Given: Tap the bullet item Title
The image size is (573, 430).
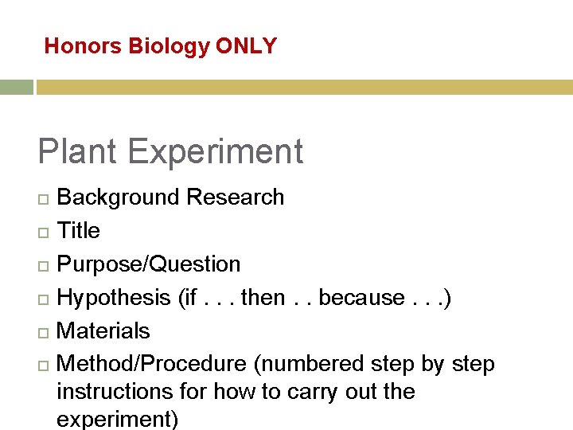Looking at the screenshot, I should (79, 231).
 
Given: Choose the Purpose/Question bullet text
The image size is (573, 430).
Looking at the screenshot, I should (149, 264).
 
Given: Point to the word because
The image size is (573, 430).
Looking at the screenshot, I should (361, 298).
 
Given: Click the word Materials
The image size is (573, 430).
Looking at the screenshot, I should (103, 330).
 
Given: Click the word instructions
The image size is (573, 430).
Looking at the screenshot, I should (115, 392).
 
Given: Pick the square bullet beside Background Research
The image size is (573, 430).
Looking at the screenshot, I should (43, 198).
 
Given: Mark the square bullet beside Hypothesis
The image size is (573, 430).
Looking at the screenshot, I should (43, 299).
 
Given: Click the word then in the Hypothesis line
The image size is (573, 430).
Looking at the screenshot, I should (263, 298).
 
